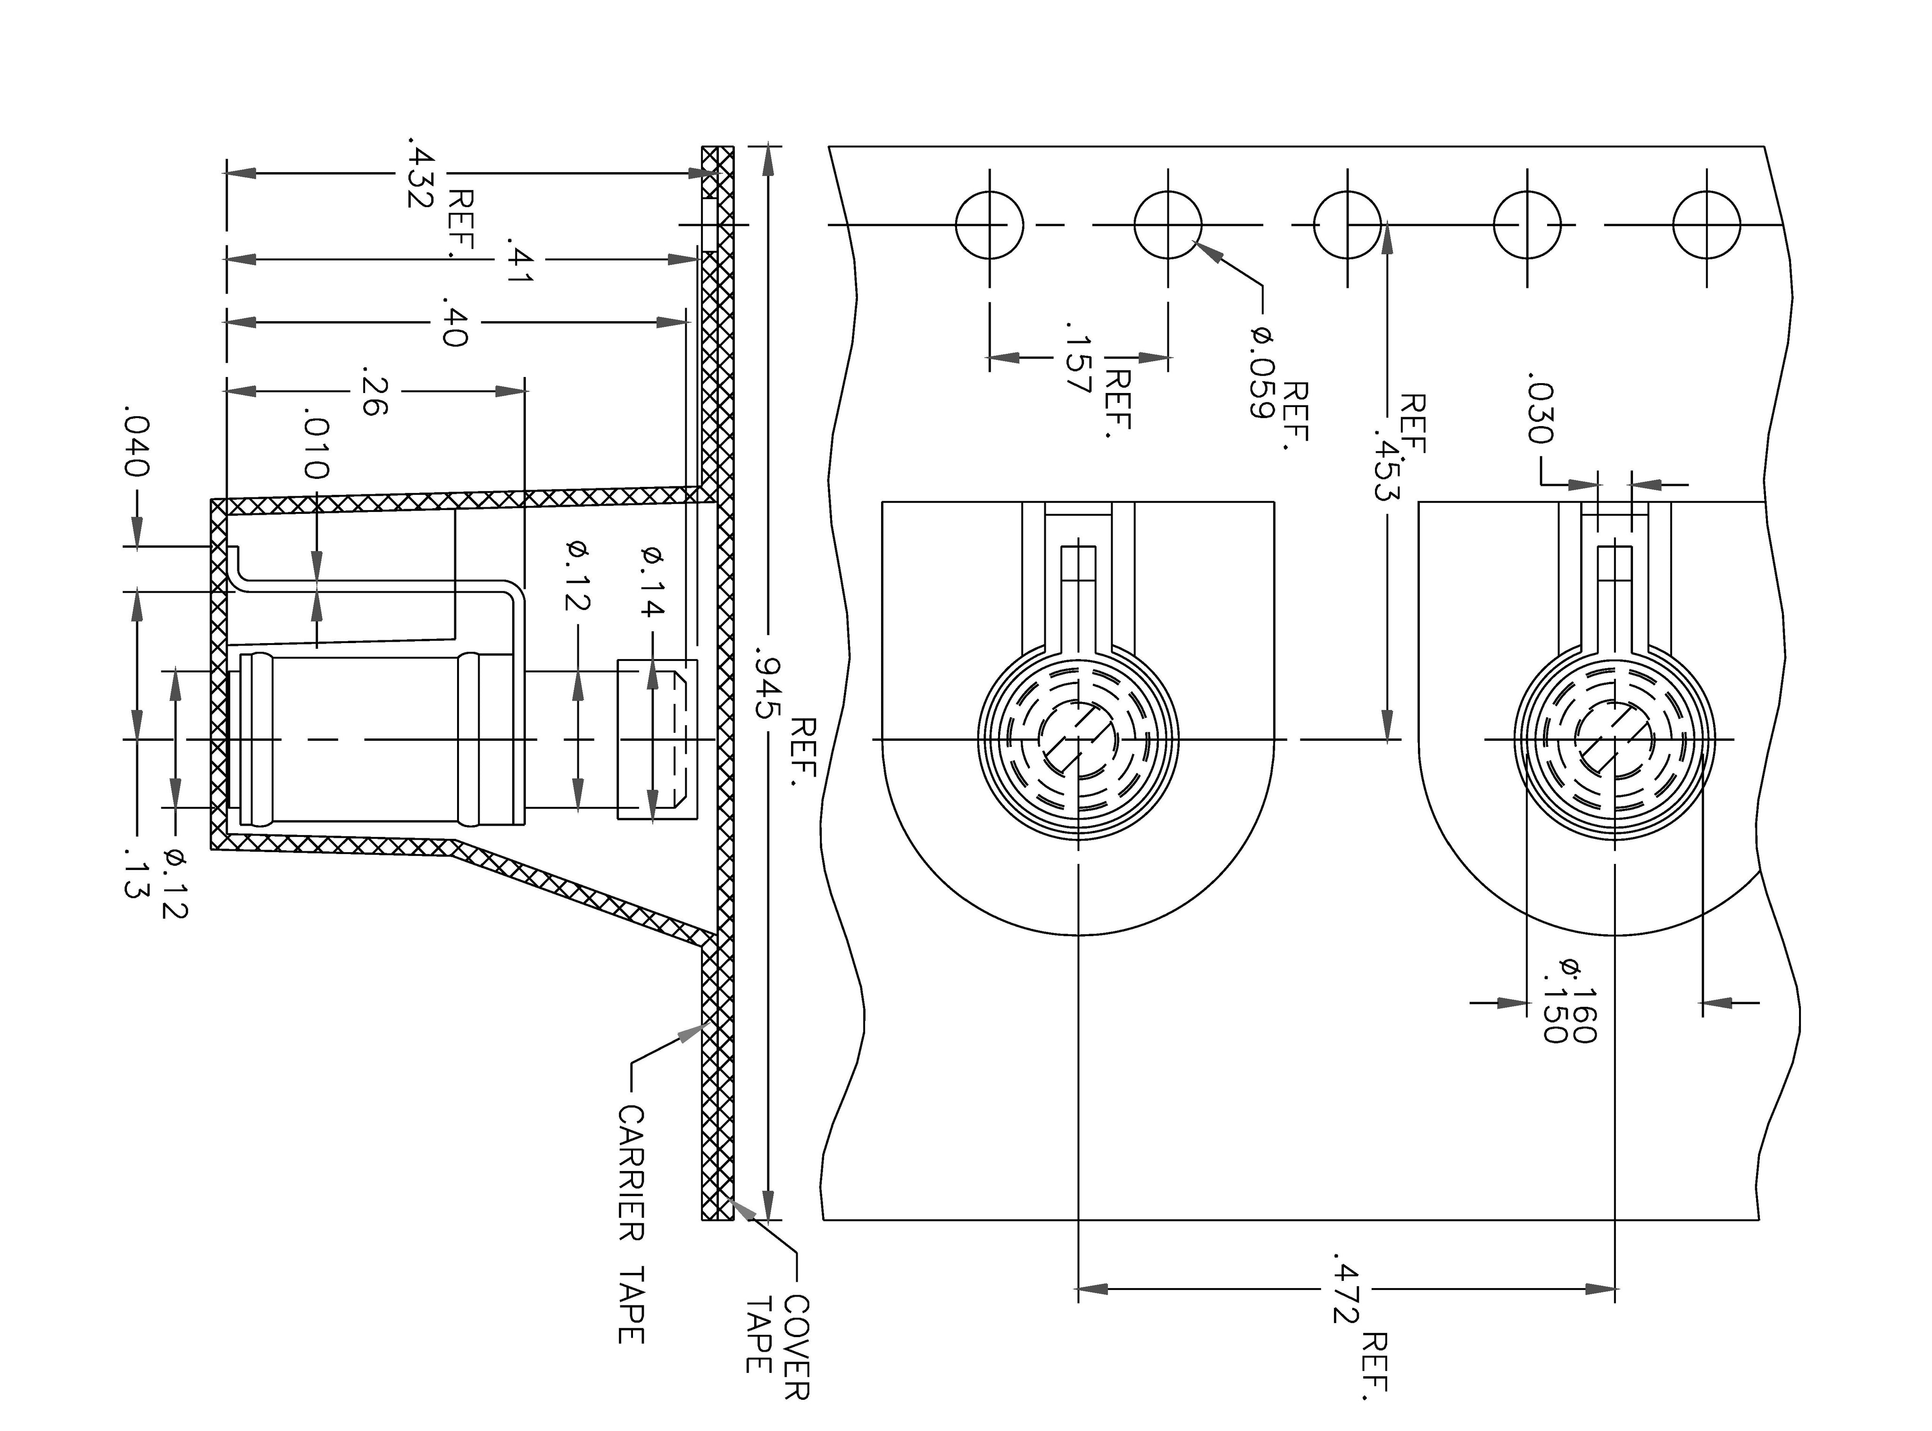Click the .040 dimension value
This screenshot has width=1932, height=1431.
[x=137, y=446]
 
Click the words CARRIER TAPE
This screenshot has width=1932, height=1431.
[x=631, y=1224]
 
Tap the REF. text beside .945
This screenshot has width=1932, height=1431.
[x=805, y=750]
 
